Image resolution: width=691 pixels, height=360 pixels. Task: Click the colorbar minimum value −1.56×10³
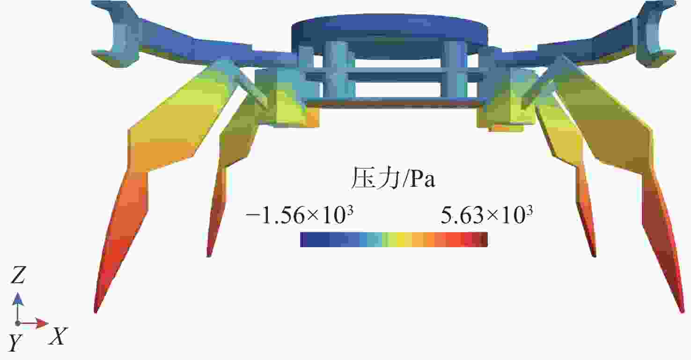[x=299, y=215]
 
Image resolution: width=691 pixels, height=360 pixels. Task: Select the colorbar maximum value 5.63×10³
[x=487, y=215]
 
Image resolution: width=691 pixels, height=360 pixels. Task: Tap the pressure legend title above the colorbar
[x=393, y=178]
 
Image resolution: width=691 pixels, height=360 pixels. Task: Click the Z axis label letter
[x=18, y=275]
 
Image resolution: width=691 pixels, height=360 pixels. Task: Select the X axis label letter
[x=58, y=336]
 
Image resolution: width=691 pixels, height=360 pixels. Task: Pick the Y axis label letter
[x=15, y=343]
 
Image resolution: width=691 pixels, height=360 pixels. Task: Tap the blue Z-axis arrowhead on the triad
[x=18, y=299]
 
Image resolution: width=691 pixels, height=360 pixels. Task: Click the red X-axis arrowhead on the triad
[x=42, y=323]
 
